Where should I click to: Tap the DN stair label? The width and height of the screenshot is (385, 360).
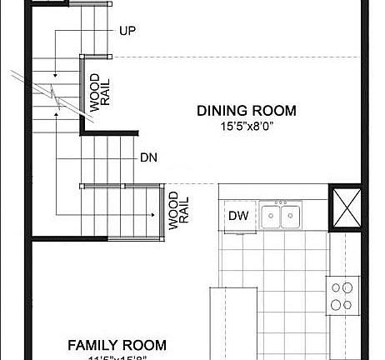pos(149,157)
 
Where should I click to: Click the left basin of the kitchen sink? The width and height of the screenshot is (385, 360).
pos(270,217)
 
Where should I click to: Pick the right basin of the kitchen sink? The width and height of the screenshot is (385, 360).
pos(291,217)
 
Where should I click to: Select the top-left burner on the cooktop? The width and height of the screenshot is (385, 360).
pos(337,287)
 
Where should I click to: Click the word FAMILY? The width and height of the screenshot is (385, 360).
pos(93,345)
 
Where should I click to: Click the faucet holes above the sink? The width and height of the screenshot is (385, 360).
pos(281,202)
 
